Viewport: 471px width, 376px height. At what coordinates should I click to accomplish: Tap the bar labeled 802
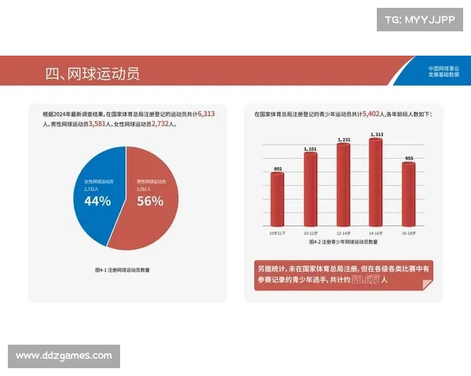tap(278, 199)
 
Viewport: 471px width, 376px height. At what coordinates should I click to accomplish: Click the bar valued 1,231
tap(343, 184)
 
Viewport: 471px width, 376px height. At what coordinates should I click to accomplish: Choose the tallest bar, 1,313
tap(376, 181)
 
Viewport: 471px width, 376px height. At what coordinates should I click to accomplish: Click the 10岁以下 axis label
tap(278, 233)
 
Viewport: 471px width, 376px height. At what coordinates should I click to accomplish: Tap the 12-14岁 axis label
tap(343, 233)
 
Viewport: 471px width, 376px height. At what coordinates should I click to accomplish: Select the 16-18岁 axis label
tap(408, 233)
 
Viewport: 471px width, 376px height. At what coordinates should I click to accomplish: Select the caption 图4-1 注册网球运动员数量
tap(122, 269)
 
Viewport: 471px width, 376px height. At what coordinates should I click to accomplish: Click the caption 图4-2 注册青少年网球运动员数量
tap(343, 243)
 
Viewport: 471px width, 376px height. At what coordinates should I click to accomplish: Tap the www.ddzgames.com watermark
tap(64, 356)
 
